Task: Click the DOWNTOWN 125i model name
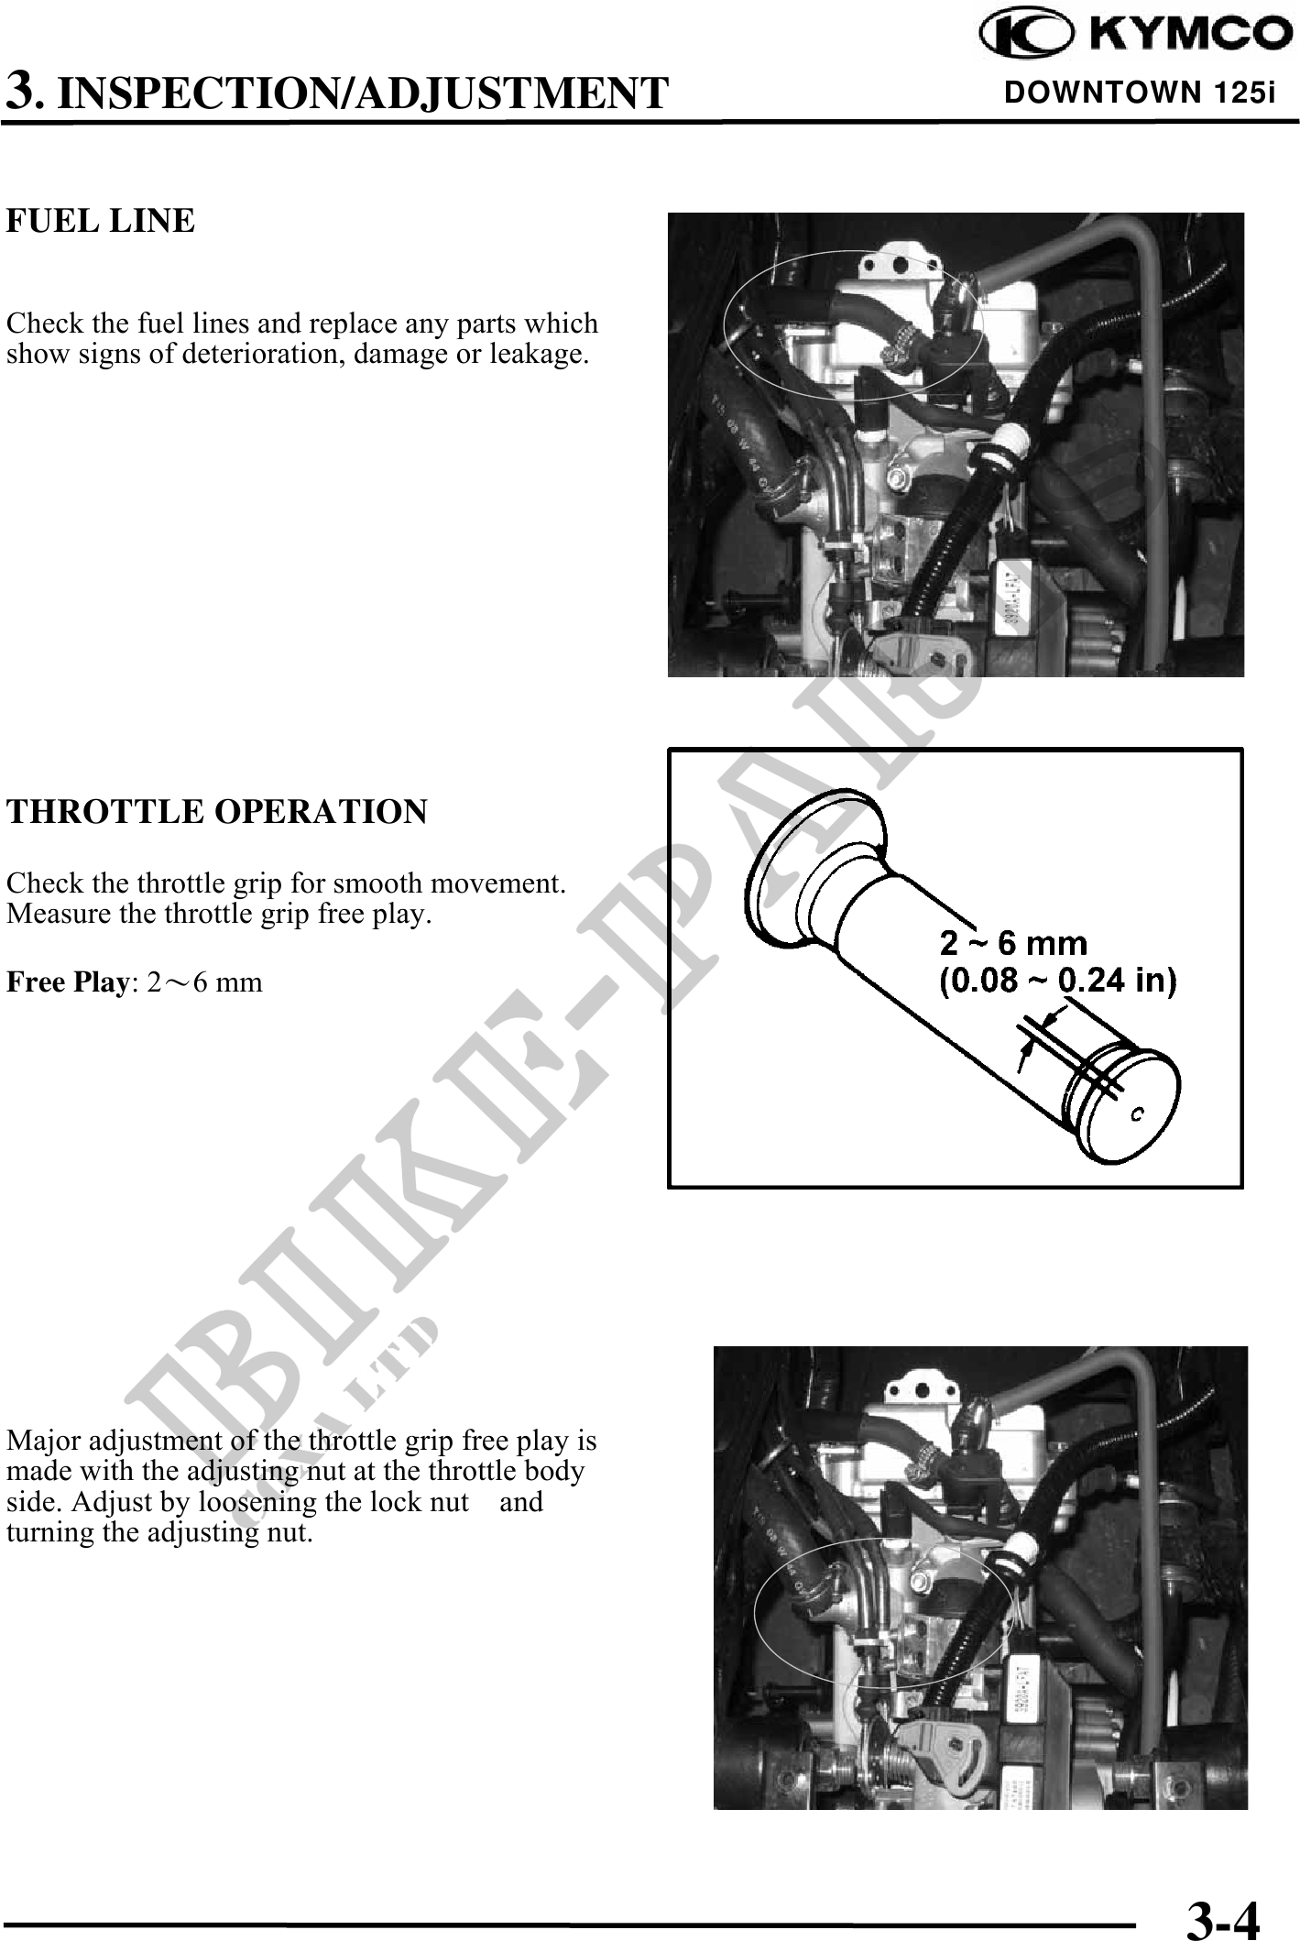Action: [1140, 93]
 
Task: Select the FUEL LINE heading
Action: [101, 221]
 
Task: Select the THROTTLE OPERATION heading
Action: [217, 812]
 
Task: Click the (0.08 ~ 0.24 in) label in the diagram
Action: [1059, 981]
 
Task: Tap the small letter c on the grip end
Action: [1137, 1113]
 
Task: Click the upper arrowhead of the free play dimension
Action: [1053, 1017]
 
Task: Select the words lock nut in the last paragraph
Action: [431, 1501]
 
